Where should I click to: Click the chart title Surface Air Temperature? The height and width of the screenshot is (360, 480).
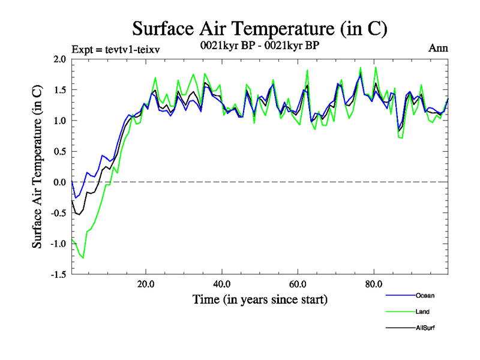[x=259, y=29]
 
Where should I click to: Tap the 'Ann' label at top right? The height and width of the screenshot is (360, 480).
[x=437, y=47]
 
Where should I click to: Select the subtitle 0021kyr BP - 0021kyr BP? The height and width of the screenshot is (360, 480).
[x=260, y=45]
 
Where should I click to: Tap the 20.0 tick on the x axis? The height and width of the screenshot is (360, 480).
[x=146, y=283]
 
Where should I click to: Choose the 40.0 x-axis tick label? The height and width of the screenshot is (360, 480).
[x=222, y=283]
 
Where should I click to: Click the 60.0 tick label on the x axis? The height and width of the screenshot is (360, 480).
[x=298, y=283]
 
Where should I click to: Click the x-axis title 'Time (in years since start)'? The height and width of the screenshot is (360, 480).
[x=260, y=299]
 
